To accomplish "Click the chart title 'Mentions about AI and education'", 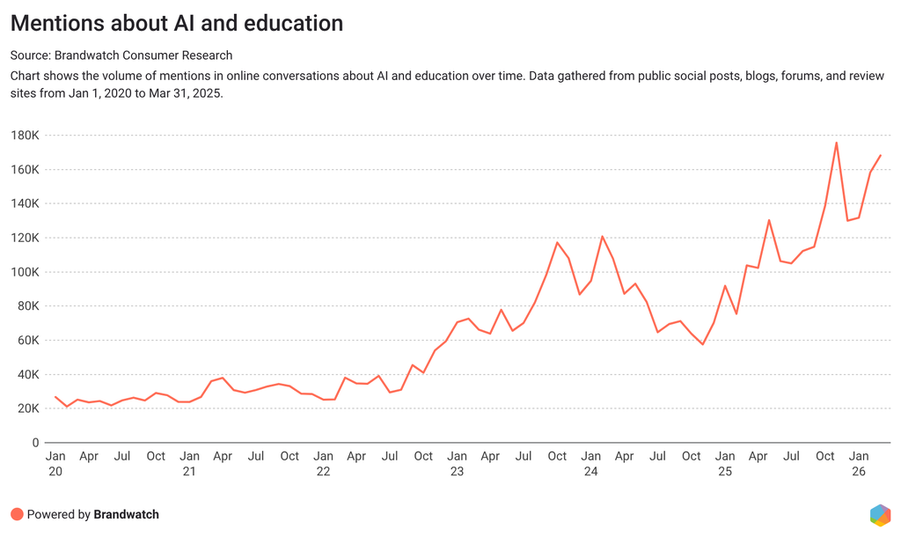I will pos(176,23).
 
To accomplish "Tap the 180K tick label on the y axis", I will pos(26,136).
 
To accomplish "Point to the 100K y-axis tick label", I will pos(26,272).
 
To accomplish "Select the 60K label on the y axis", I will pos(28,341).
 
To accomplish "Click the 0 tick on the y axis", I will pos(35,443).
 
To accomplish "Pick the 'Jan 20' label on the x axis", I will pos(55,463).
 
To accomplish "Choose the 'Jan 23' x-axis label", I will pos(457,463).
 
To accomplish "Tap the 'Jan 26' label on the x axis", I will pos(859,463).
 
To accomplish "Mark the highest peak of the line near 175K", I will pos(836,143).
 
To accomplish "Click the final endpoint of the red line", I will pos(881,155).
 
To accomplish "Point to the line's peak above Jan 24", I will pos(602,236).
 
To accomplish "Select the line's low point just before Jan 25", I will pos(702,344).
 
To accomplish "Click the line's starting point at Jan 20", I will pos(55,397).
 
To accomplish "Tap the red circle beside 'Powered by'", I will pos(17,514).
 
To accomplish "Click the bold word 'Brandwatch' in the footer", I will pos(126,514).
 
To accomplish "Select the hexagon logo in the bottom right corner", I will pos(879,514).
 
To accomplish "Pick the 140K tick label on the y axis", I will pos(26,203).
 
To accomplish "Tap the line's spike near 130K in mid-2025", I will pos(769,220).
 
